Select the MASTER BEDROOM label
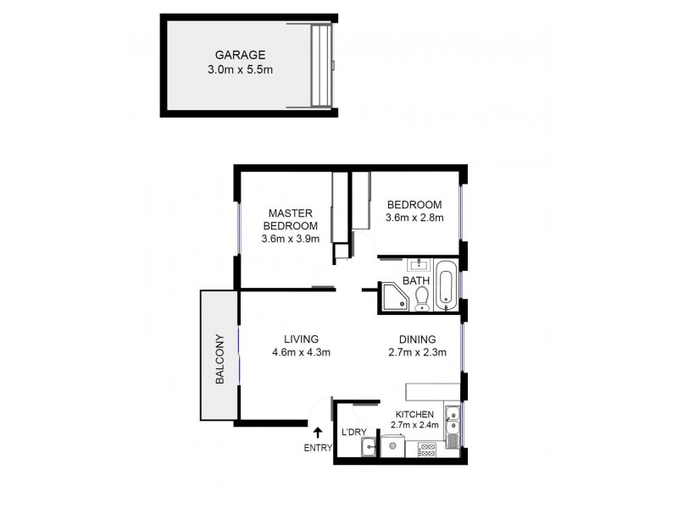(x=290, y=219)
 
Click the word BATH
(x=415, y=281)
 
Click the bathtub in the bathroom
(x=447, y=286)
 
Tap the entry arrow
(x=318, y=433)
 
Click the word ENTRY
(x=318, y=448)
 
